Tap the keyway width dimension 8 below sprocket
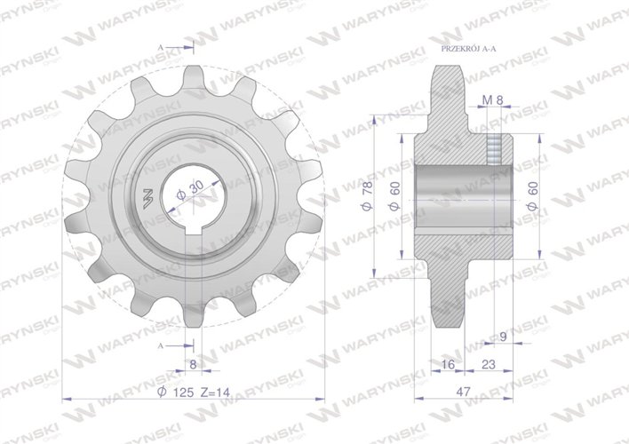(192, 364)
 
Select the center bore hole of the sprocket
(191, 200)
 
